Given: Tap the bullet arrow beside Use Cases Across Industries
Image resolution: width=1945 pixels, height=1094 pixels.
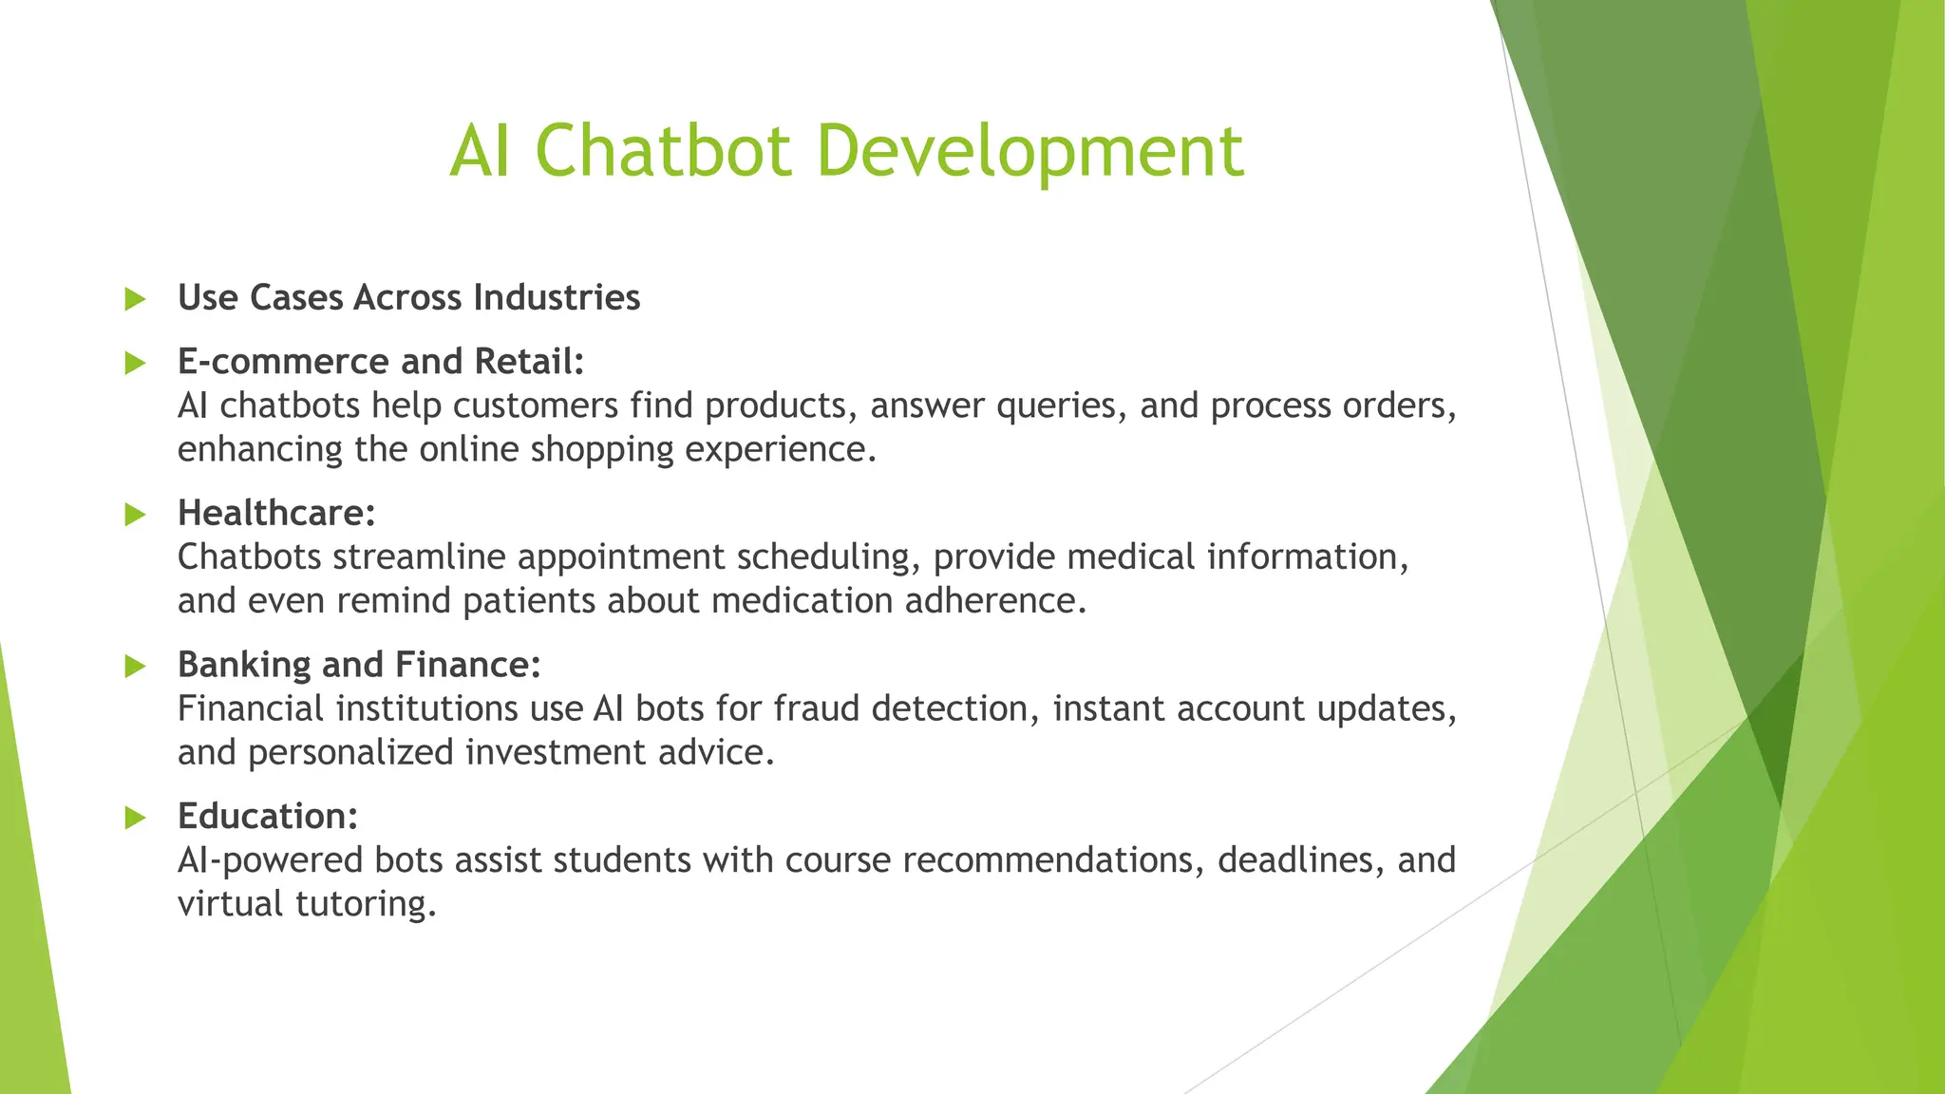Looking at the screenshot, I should (135, 299).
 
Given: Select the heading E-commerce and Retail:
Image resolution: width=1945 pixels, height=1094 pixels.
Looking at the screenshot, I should (381, 362).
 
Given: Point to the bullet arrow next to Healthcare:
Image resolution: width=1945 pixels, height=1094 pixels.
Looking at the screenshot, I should (135, 515).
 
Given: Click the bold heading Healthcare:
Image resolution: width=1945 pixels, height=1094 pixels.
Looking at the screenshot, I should (276, 514).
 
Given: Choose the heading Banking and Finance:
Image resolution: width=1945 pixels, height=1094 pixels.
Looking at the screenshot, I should (359, 665).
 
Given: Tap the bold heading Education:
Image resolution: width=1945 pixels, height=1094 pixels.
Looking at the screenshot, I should (268, 817).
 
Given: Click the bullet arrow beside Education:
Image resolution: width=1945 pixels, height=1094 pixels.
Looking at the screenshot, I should (135, 818).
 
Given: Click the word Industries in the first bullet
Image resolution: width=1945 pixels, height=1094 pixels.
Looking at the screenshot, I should (557, 298).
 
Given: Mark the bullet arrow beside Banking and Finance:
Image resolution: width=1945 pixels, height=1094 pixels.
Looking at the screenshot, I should (135, 667).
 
